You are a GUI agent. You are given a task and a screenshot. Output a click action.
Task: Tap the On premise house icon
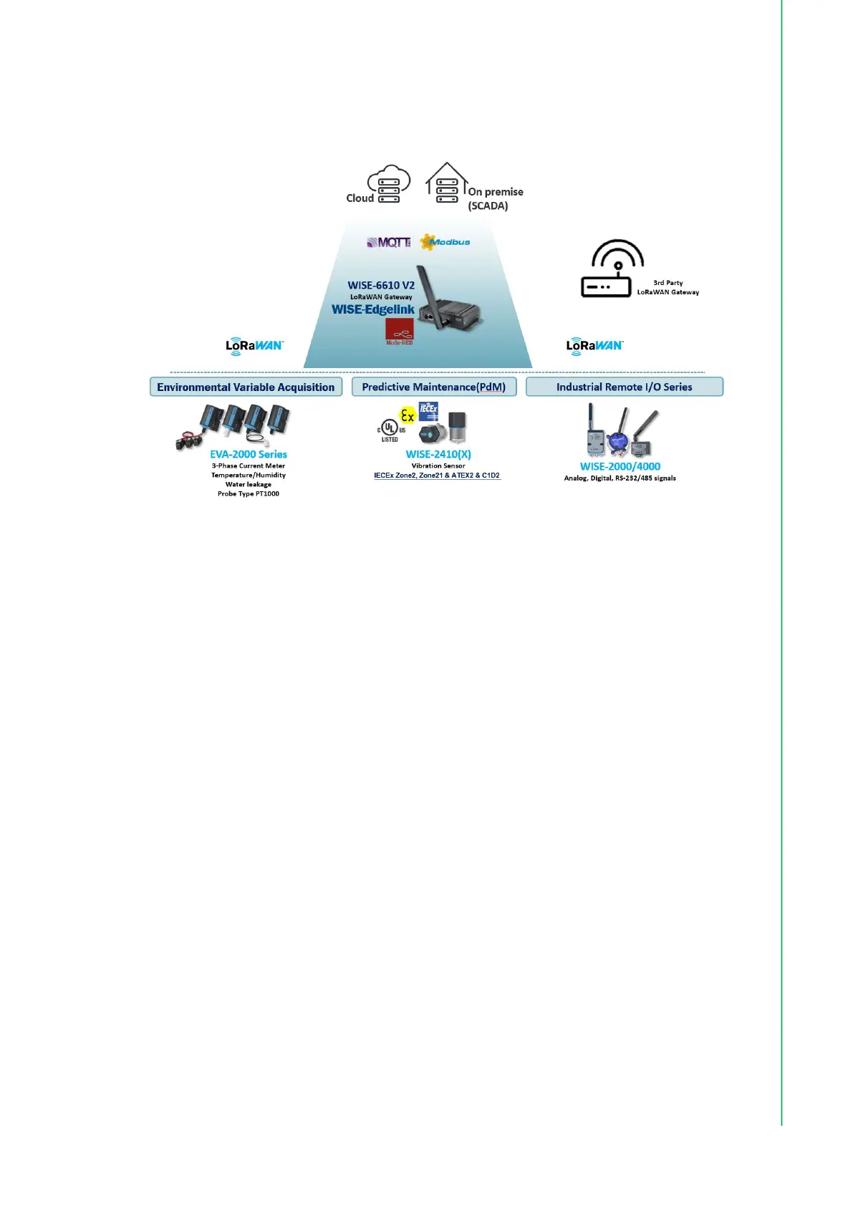pos(446,183)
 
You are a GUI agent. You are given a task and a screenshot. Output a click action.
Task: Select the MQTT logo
pos(389,243)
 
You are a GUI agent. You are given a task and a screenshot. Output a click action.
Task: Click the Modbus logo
pos(445,242)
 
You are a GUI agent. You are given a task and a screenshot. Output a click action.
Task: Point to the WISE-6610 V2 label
pos(381,285)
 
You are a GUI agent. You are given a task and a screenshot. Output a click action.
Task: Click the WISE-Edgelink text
pos(372,309)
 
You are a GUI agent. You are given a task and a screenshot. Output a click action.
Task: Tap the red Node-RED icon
pos(399,331)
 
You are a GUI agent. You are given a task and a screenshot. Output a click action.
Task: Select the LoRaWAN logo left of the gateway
pos(254,346)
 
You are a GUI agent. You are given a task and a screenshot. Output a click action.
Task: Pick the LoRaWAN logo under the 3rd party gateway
pos(594,346)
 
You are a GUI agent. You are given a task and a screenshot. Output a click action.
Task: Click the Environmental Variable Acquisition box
pos(246,387)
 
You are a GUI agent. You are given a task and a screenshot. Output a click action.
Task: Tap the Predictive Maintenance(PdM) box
pos(434,387)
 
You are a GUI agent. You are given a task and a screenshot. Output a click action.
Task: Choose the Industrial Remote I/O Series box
pos(624,387)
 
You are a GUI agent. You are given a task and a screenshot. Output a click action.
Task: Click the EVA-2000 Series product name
pos(248,454)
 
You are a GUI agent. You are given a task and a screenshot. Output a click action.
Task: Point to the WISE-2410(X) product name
pos(438,454)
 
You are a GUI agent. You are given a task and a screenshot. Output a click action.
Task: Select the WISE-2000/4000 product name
pos(620,466)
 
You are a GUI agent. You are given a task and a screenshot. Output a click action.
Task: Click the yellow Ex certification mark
pos(408,415)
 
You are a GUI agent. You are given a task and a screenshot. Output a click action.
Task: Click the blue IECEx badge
pos(428,411)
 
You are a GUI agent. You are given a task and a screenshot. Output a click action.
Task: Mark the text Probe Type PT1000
pos(248,493)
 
